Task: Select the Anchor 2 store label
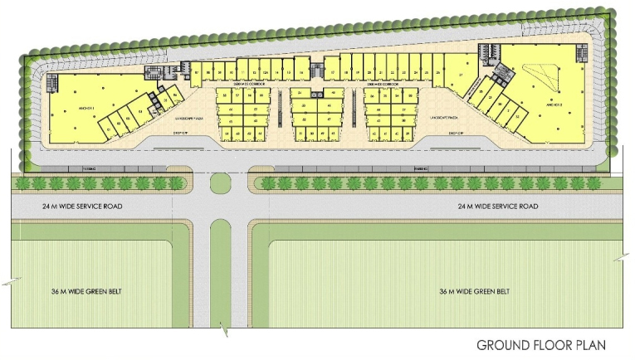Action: point(554,105)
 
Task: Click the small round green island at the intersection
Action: point(220,183)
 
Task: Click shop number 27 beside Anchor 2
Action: point(460,75)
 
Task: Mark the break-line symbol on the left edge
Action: point(7,283)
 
